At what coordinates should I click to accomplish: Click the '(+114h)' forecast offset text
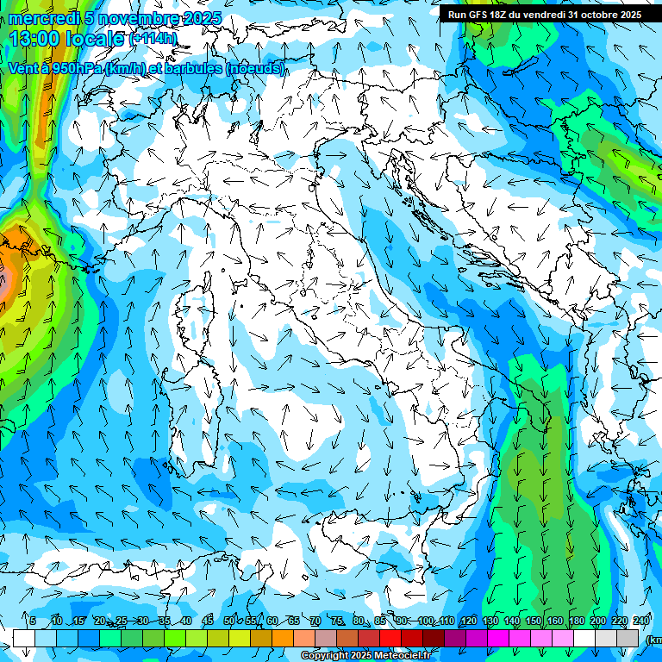point(153,38)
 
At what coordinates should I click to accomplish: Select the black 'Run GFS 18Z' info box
point(544,14)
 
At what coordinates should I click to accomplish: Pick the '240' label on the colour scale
point(640,621)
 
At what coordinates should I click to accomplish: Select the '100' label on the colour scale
point(425,621)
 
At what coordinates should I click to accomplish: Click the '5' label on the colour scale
point(33,621)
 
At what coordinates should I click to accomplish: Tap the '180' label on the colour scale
point(576,621)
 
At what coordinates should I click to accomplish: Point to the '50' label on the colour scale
point(229,621)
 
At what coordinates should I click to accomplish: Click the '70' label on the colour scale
point(315,621)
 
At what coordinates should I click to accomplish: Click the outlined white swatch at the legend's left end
point(24,638)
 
